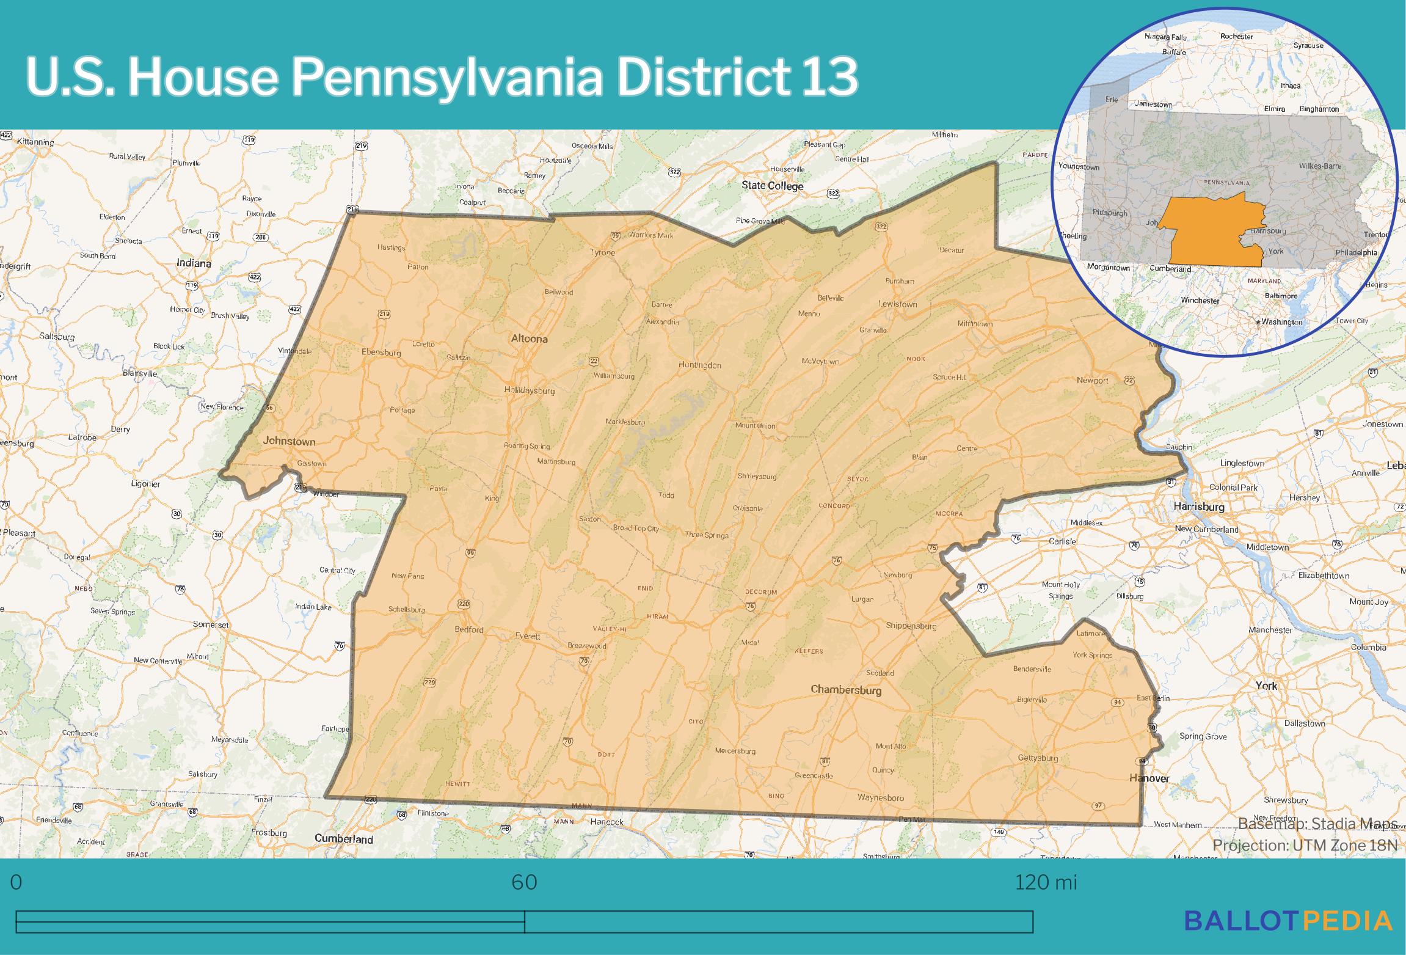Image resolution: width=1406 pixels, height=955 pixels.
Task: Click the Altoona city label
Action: click(x=529, y=338)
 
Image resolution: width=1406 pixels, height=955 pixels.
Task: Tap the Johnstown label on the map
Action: click(x=289, y=441)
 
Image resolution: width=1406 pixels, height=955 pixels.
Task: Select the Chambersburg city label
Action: click(x=846, y=690)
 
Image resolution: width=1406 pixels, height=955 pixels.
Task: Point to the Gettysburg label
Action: click(x=1038, y=758)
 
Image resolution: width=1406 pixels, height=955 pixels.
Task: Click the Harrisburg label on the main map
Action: click(x=1199, y=507)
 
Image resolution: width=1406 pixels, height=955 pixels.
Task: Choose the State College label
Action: click(x=773, y=186)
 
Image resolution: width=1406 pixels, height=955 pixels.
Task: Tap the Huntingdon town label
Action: click(x=700, y=365)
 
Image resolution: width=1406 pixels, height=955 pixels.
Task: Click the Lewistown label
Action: click(x=898, y=304)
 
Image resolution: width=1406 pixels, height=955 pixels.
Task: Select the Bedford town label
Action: click(x=469, y=629)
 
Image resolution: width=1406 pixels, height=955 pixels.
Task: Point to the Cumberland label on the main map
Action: click(x=343, y=839)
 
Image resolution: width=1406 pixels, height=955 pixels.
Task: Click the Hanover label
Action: click(x=1149, y=778)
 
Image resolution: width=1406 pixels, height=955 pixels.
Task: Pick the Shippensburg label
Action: click(x=911, y=626)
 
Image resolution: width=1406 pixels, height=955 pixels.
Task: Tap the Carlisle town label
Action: click(x=1062, y=541)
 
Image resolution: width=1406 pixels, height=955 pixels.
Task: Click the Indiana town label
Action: click(x=194, y=263)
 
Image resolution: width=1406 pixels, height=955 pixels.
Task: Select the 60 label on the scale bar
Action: click(x=524, y=883)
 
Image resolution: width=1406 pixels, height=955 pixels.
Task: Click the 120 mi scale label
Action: click(x=1046, y=883)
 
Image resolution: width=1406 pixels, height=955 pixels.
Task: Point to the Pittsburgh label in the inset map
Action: click(x=1110, y=213)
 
